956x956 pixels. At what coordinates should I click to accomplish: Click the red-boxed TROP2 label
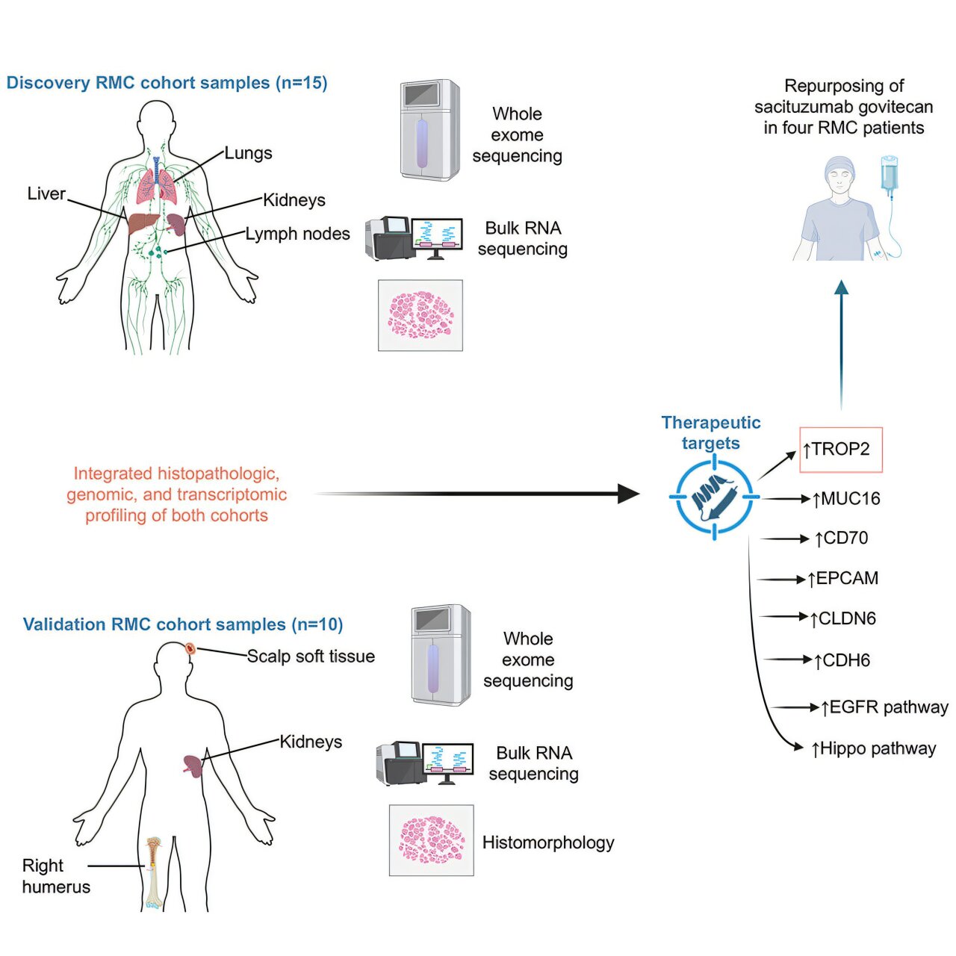click(840, 450)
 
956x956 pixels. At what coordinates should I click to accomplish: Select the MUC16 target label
click(846, 499)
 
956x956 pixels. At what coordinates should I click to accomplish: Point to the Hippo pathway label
click(874, 748)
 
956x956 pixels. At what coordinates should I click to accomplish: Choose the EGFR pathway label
click(884, 707)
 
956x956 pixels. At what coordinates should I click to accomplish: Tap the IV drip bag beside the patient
click(890, 176)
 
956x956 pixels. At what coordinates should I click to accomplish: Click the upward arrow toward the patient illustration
click(841, 344)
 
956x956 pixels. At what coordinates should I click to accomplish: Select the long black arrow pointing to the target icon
click(478, 494)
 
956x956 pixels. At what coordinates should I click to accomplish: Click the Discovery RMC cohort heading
click(167, 83)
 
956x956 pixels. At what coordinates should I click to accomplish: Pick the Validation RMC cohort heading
click(183, 624)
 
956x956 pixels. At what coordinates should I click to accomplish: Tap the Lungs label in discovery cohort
click(248, 153)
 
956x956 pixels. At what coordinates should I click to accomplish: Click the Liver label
click(46, 193)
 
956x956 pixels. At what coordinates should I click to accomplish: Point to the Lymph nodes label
click(297, 234)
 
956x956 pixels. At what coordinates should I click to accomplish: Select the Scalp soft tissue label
click(311, 657)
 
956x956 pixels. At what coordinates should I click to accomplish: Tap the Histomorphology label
click(548, 842)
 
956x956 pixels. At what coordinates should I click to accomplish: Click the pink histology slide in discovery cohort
click(420, 315)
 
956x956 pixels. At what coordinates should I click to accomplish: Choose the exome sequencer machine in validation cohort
click(440, 655)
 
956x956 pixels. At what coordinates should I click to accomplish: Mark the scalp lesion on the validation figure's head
click(190, 648)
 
